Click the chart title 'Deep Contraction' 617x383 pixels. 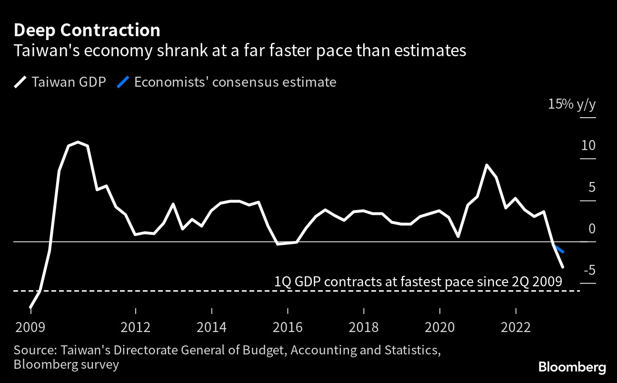87,30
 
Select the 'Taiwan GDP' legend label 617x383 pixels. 69,82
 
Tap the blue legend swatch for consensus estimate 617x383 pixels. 123,82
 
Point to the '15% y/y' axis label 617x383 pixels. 571,104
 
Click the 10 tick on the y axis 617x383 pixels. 588,145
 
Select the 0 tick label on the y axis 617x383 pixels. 592,229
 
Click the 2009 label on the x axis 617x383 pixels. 31,327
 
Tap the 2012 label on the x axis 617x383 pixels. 136,327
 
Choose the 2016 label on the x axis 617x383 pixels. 288,327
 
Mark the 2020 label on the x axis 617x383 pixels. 439,327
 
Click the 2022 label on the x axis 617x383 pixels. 516,327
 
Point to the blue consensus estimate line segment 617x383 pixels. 559,248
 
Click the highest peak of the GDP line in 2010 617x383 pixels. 78,142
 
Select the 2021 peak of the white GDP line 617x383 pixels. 487,165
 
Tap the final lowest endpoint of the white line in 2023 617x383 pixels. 563,267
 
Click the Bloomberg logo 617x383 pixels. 572,367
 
